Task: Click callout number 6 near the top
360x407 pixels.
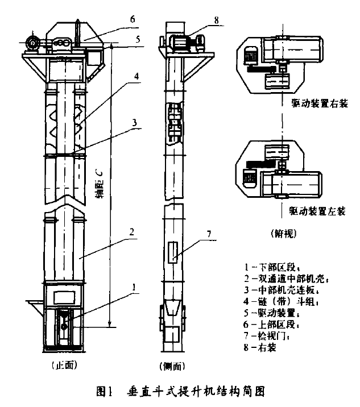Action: click(x=132, y=19)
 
